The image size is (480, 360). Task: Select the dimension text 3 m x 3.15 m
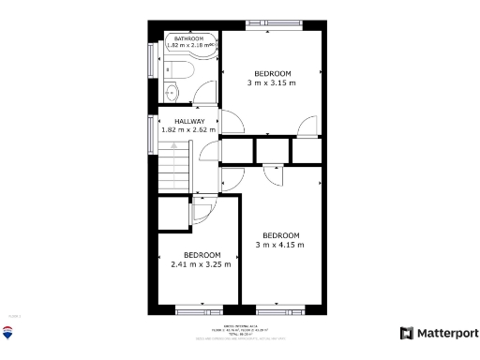[272, 82]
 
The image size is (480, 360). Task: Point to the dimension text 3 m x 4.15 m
[280, 245]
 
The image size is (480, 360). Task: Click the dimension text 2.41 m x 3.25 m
[201, 264]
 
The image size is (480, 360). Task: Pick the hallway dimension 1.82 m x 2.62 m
[188, 130]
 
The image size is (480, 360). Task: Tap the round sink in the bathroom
[172, 91]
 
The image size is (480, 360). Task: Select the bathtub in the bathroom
[199, 69]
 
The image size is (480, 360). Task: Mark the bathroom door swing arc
[205, 96]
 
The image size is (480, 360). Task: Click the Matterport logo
[439, 333]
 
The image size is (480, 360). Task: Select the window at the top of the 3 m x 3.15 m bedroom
[273, 22]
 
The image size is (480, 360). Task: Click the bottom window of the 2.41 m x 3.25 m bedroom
[201, 309]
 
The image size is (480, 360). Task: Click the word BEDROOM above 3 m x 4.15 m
[280, 234]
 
